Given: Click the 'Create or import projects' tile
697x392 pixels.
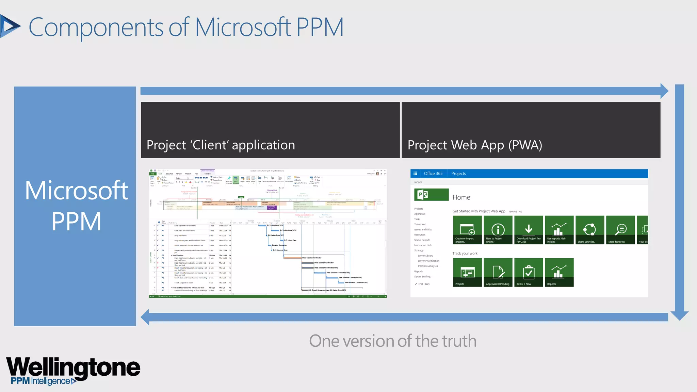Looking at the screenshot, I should (x=467, y=230).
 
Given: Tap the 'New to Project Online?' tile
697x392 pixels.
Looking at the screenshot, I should (x=498, y=230).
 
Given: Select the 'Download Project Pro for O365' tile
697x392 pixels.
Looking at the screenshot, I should (x=529, y=230).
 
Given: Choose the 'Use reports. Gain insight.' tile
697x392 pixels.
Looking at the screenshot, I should (x=559, y=230).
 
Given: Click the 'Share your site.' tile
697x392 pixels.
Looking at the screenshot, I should (x=590, y=230).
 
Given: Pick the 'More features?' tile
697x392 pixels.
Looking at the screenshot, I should (x=620, y=230).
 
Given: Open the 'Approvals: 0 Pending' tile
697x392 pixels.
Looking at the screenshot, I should (x=498, y=272).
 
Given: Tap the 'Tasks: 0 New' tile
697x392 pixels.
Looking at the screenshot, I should (x=529, y=272).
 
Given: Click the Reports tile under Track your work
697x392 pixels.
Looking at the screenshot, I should (x=559, y=272).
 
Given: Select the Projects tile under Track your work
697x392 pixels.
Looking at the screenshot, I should (x=467, y=272).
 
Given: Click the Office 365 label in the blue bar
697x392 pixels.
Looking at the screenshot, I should (x=433, y=174).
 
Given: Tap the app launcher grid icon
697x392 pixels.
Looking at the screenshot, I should (x=415, y=174).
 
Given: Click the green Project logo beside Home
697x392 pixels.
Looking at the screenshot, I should (x=431, y=195).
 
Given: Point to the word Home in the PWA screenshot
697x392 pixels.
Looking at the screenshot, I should (x=461, y=197).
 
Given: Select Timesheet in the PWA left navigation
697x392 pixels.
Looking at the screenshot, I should (x=420, y=225).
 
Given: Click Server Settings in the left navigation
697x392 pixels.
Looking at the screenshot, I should (x=422, y=277).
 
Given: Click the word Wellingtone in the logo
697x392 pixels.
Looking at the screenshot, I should (x=73, y=367).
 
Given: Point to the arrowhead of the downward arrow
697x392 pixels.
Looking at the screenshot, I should (x=679, y=315).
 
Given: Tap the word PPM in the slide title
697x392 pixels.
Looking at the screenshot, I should (x=320, y=27).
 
